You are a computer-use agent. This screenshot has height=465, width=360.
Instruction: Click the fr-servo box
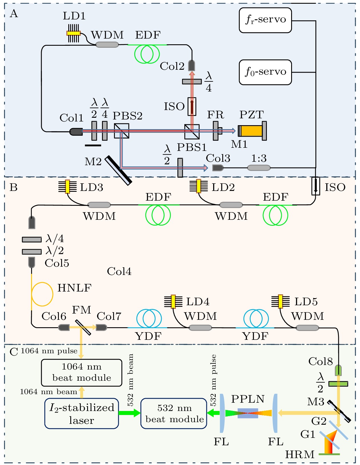tap(265, 20)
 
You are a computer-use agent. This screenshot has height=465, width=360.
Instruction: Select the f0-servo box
tap(265, 72)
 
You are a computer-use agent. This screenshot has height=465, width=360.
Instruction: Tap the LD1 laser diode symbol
tap(73, 33)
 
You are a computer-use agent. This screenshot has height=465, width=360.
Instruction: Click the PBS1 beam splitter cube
tap(192, 131)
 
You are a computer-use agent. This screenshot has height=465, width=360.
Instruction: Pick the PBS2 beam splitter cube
tap(121, 131)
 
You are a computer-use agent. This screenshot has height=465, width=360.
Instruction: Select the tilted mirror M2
tap(118, 170)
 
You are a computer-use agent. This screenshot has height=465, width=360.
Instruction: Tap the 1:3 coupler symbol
tap(259, 168)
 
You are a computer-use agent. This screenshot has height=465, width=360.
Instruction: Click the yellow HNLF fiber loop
tap(42, 294)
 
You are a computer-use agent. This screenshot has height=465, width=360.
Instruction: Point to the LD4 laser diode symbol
tap(173, 302)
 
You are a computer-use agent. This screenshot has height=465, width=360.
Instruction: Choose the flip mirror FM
tap(83, 327)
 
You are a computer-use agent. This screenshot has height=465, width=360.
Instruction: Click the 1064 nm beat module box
tap(82, 373)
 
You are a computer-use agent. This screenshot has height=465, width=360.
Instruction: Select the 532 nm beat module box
tap(174, 414)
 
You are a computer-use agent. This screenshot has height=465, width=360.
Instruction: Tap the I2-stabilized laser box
tap(82, 414)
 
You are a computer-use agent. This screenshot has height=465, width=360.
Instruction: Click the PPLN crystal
tap(248, 413)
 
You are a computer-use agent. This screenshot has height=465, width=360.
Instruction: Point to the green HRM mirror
tap(329, 454)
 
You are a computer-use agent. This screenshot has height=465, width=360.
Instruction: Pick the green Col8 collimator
tap(338, 370)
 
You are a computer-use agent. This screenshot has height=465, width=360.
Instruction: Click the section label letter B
tap(13, 187)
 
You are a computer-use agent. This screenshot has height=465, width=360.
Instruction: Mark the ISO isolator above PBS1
tap(192, 106)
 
